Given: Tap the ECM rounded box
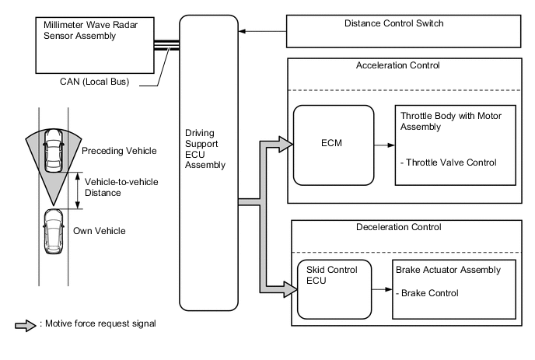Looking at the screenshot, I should (331, 145).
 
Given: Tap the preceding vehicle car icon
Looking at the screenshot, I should (53, 151).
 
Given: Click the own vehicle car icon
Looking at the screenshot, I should (53, 231).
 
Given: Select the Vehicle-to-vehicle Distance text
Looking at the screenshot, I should (111, 187).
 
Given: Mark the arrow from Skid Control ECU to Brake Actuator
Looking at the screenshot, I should (380, 288).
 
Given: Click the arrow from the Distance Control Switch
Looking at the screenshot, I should (263, 32).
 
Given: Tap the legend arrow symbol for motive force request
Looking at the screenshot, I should (25, 325).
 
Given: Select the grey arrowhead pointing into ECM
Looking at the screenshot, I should (286, 144).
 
